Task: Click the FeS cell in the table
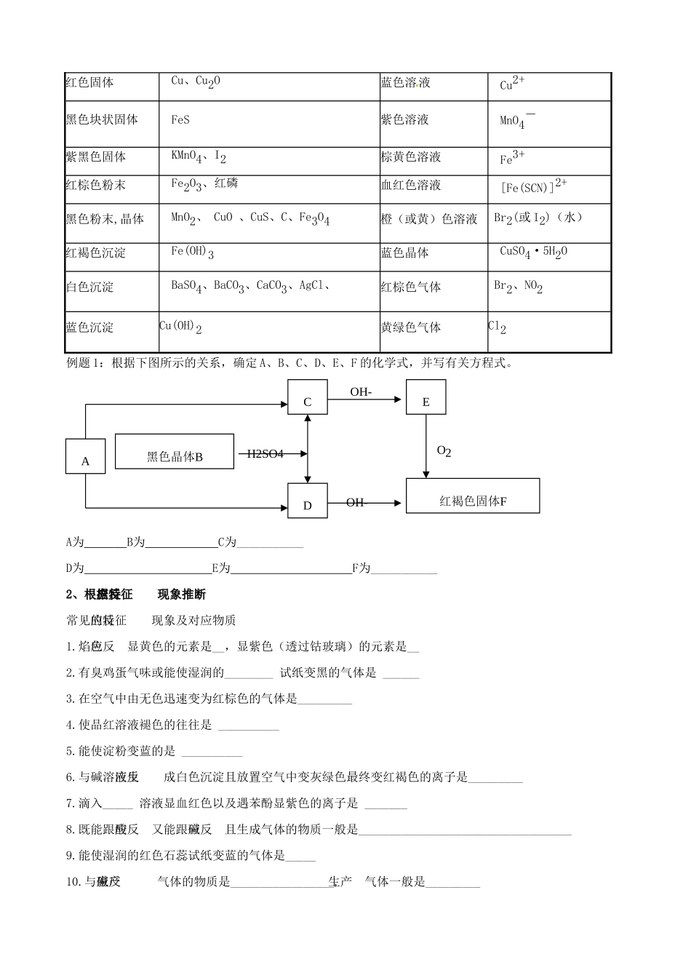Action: [180, 120]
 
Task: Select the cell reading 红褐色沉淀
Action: [95, 253]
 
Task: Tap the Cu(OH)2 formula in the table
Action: [180, 327]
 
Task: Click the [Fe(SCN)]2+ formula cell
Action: [534, 187]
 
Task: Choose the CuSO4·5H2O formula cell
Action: [533, 253]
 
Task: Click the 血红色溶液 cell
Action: [411, 186]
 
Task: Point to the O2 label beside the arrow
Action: [444, 451]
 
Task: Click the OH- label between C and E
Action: [361, 392]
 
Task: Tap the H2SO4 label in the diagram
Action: [265, 454]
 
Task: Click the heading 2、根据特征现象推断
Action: [136, 595]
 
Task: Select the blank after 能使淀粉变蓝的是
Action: [212, 753]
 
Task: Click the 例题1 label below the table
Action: [85, 363]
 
